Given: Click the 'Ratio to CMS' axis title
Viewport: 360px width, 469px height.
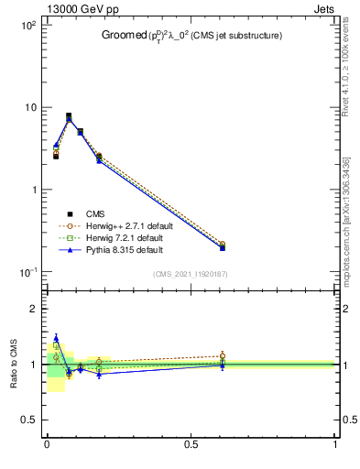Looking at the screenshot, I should coord(13,365).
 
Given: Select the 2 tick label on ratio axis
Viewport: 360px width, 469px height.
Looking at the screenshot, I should coord(33,309).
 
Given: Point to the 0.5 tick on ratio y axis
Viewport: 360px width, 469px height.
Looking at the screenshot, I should coord(28,420).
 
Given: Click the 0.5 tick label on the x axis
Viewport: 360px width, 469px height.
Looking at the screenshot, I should coord(191,446).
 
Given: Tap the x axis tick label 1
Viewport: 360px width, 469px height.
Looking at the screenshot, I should coord(335,446).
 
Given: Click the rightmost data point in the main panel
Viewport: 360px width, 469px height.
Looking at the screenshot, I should coord(223,246).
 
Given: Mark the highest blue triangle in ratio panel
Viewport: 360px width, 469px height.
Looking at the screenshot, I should coord(56,338).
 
